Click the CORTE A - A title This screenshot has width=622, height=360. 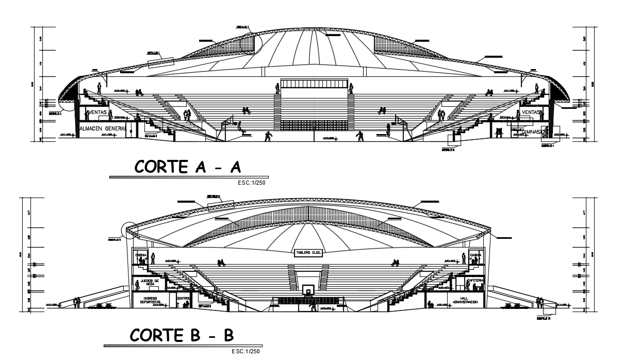pyautogui.click(x=188, y=167)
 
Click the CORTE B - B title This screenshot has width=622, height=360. pyautogui.click(x=182, y=335)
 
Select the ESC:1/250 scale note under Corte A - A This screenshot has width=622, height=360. pyautogui.click(x=252, y=183)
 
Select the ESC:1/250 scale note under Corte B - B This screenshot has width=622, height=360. pyautogui.click(x=247, y=351)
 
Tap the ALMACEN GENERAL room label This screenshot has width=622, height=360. pyautogui.click(x=103, y=128)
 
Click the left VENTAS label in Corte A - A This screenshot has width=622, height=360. pyautogui.click(x=97, y=112)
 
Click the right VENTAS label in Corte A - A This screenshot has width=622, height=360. pyautogui.click(x=531, y=112)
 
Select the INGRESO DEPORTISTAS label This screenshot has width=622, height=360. pyautogui.click(x=150, y=301)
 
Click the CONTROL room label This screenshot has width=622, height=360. pyautogui.click(x=183, y=299)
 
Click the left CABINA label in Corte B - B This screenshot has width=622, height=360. pyautogui.click(x=141, y=255)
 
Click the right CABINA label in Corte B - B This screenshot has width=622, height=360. pyautogui.click(x=476, y=255)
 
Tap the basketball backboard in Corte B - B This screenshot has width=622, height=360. pyautogui.click(x=308, y=290)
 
